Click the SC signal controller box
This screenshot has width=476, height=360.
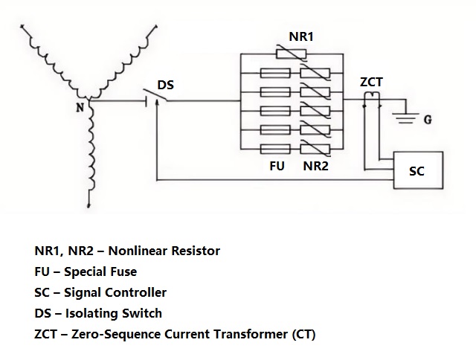[417, 172]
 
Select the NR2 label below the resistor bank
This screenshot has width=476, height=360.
[315, 166]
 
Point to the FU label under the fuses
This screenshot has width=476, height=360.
[277, 166]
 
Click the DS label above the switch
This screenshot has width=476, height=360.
[165, 85]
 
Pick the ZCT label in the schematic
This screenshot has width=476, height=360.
[371, 82]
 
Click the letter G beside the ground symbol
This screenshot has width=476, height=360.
[427, 119]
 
